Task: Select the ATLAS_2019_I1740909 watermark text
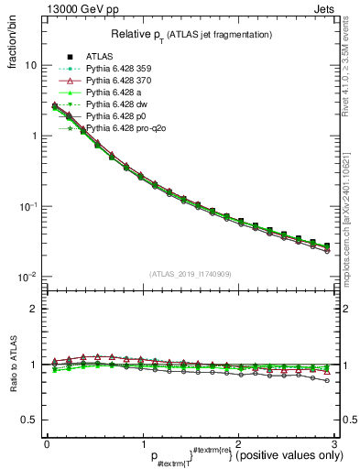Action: [191, 274]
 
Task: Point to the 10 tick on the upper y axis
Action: [30, 66]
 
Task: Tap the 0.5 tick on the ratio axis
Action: [29, 420]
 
